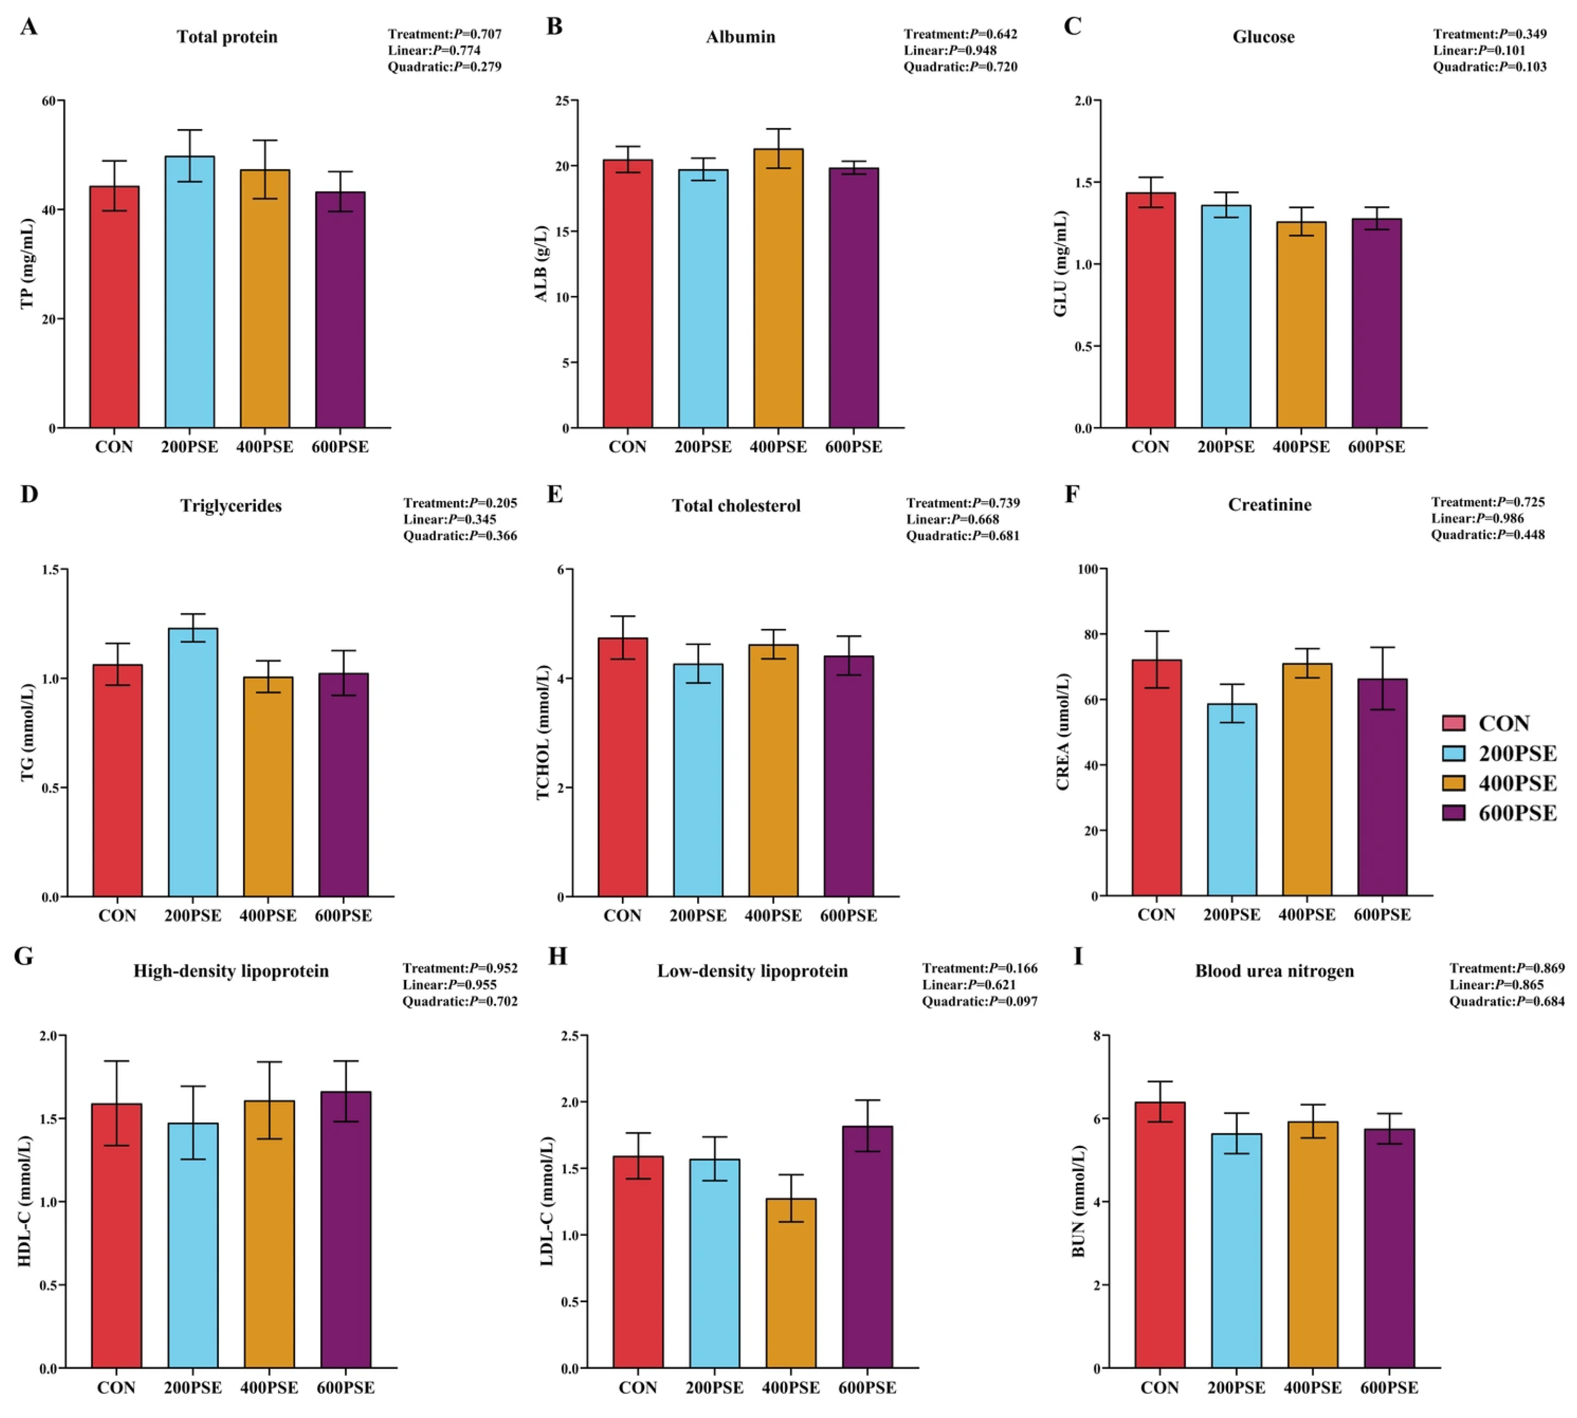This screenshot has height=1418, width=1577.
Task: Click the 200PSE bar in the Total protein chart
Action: [189, 291]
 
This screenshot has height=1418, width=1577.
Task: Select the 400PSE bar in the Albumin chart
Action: [778, 288]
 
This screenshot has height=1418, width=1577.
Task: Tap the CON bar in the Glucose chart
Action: [1150, 310]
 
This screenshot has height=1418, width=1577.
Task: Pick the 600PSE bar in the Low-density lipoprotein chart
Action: [867, 1246]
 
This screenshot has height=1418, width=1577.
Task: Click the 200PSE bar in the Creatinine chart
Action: [1232, 800]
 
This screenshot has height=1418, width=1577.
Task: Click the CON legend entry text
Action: [1504, 723]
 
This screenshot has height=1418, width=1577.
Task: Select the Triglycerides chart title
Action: [232, 506]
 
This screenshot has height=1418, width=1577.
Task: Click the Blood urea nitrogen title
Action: [1275, 971]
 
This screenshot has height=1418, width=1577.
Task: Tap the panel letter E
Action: [555, 494]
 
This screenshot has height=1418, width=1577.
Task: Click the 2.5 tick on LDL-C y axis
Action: [570, 1036]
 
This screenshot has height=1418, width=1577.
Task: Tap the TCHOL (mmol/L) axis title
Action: [543, 733]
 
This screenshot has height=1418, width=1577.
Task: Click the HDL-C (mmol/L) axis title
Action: [24, 1201]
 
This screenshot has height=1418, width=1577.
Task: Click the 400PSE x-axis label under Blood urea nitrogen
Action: [1313, 1388]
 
